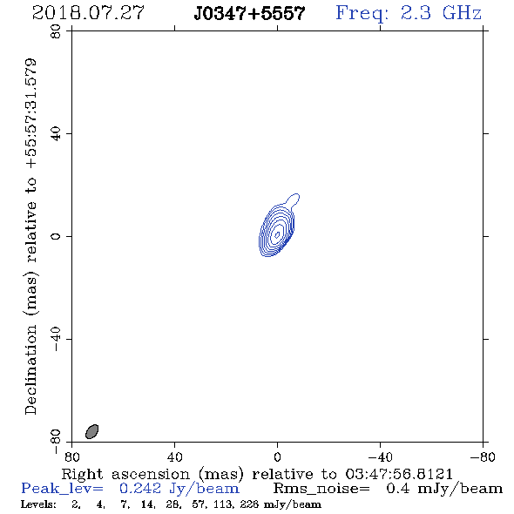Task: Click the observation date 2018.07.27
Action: (x=88, y=13)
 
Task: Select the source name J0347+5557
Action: (x=249, y=14)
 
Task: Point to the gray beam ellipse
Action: (x=92, y=431)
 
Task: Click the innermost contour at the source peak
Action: (x=277, y=234)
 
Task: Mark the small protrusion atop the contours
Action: (x=293, y=200)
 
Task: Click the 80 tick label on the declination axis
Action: (x=56, y=31)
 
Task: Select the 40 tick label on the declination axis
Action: (x=56, y=134)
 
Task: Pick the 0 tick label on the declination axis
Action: (x=56, y=236)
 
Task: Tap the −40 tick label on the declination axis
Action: (x=56, y=339)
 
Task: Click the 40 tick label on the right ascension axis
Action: (x=174, y=457)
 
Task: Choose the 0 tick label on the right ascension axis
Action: (x=277, y=457)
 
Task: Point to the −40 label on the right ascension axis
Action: (x=380, y=457)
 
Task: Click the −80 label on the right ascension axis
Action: (x=483, y=457)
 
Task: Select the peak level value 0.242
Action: (x=140, y=489)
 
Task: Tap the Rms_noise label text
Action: (x=321, y=489)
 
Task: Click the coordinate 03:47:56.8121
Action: (x=399, y=474)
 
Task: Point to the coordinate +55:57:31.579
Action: (x=31, y=114)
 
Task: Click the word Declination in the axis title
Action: (x=31, y=370)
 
